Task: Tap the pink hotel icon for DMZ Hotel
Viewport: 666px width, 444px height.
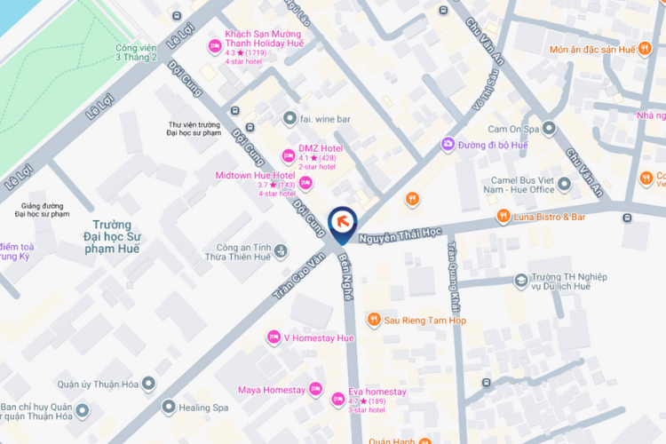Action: coord(288,153)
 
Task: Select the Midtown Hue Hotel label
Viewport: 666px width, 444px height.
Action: coord(255,176)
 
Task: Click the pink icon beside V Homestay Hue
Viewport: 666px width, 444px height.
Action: coord(274,337)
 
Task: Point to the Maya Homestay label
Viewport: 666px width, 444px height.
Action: coord(272,390)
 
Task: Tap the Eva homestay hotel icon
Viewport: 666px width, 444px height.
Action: coord(338,400)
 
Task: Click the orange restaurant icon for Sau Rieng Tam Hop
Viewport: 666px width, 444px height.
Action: coord(374,320)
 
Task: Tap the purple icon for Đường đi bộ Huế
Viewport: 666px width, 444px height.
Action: coord(449,144)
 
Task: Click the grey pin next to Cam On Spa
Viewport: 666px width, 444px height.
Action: coord(549,129)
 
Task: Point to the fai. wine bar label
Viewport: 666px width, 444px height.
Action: coord(325,117)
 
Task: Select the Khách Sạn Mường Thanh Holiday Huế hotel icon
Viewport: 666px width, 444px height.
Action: coord(213,46)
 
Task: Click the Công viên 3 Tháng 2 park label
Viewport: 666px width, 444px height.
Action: coord(136,53)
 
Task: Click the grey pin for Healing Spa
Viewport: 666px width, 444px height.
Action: coord(168,407)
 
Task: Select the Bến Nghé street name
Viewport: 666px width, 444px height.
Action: coord(346,279)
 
